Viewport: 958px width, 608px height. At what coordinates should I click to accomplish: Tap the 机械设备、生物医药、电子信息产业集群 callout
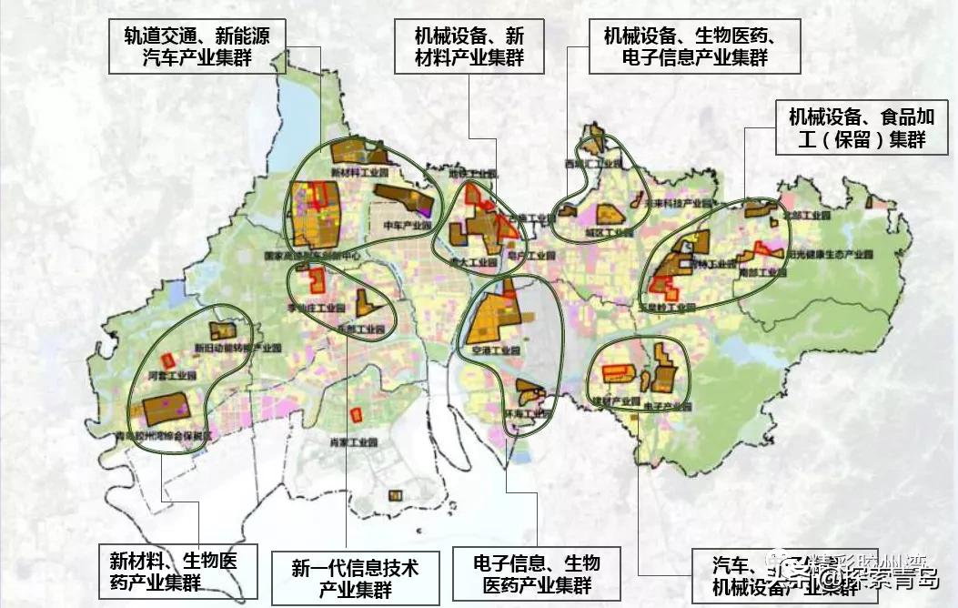pos(694,47)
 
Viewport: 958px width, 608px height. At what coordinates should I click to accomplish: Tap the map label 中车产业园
pos(406,225)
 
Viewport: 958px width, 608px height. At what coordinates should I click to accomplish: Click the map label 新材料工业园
pos(352,172)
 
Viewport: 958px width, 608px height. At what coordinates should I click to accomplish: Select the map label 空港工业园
pos(490,350)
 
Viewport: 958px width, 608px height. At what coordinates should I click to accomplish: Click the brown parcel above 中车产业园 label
pos(402,199)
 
